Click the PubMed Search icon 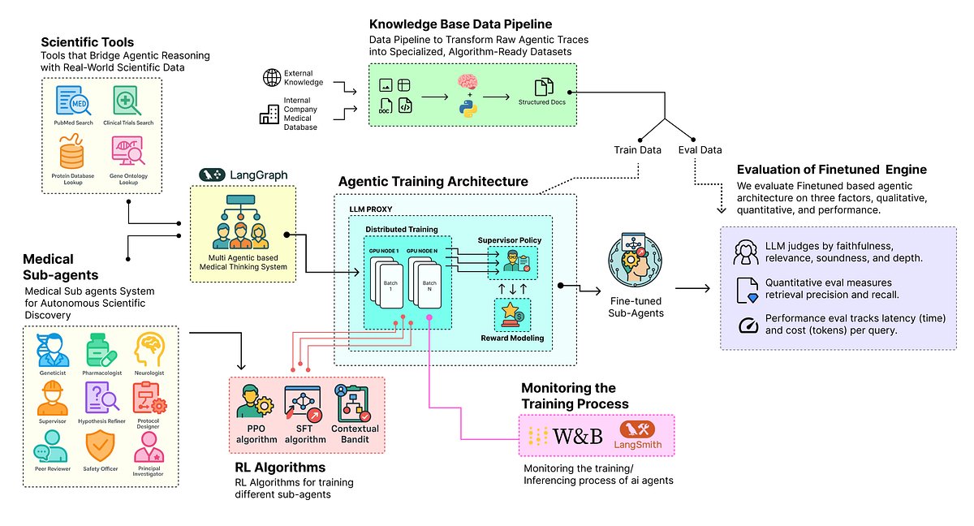[x=70, y=102]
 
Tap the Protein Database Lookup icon [x=70, y=152]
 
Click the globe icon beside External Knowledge [x=270, y=78]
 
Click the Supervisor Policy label [x=509, y=240]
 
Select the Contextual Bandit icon [x=355, y=403]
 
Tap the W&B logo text [x=577, y=436]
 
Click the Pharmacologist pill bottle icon [x=101, y=350]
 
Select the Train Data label [x=637, y=150]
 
